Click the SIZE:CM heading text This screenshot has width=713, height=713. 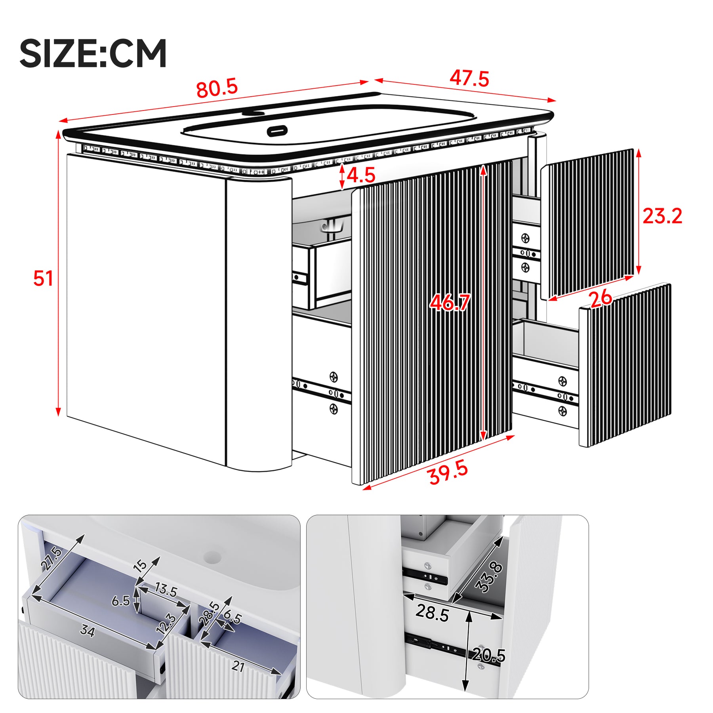[x=93, y=53]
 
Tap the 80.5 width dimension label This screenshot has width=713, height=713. [x=217, y=88]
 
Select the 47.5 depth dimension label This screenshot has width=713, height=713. [x=469, y=78]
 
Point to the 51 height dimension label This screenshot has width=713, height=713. [x=43, y=278]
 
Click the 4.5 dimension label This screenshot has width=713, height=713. [x=361, y=175]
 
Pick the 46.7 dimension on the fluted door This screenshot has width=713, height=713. [x=450, y=303]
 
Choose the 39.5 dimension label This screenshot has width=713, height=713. [x=448, y=473]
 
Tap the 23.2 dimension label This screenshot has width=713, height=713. [x=662, y=216]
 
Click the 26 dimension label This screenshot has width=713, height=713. [x=601, y=298]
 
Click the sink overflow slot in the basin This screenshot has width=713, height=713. [x=277, y=130]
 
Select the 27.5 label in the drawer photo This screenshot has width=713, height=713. [x=51, y=559]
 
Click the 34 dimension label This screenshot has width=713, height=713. [x=88, y=630]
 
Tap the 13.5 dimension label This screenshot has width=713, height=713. [x=166, y=590]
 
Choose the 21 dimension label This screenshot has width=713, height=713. [x=238, y=667]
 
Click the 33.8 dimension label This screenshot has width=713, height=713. [x=490, y=578]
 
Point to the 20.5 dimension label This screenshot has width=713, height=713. [x=489, y=656]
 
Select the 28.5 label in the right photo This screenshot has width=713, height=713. [x=432, y=613]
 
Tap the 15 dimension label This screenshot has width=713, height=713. [x=141, y=565]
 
